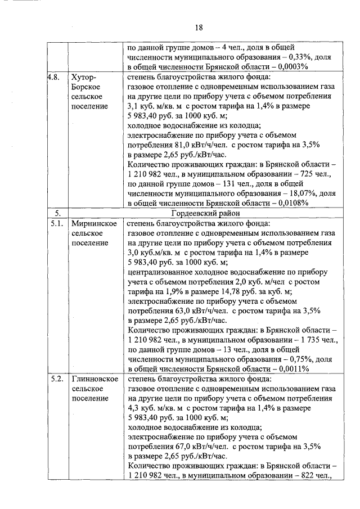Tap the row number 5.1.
56,223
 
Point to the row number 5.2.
56,379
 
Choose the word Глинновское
94,379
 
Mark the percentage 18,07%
299,193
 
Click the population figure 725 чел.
318,174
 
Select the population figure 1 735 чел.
314,339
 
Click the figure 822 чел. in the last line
318,475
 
